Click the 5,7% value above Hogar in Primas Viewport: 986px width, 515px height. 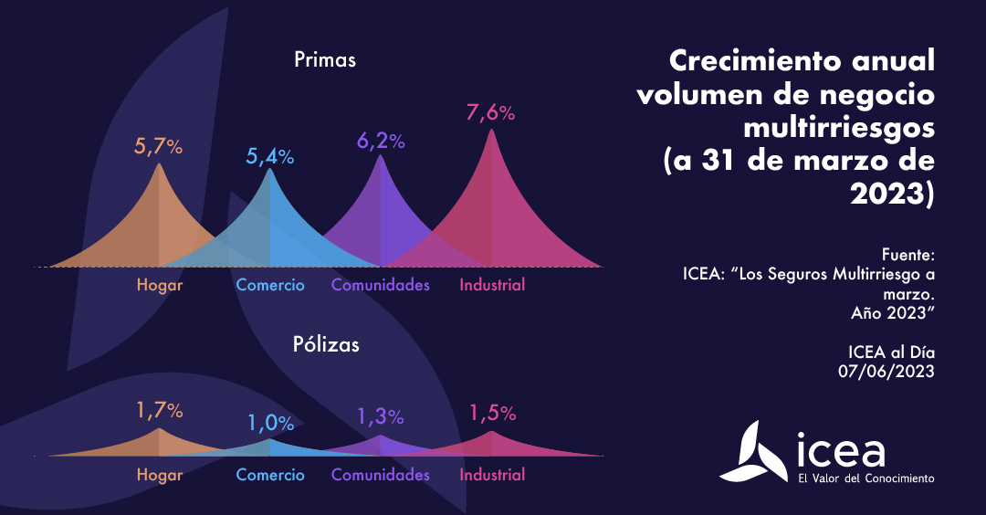(159, 146)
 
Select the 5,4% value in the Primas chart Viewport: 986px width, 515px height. (269, 156)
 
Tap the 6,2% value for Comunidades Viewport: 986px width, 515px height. (380, 141)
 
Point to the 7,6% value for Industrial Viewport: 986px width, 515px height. (491, 113)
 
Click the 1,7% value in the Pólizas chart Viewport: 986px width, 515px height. (159, 411)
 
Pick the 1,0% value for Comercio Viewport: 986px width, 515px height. (269, 423)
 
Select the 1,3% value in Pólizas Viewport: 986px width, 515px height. (380, 416)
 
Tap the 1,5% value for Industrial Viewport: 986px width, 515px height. (492, 413)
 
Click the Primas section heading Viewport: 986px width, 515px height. (325, 60)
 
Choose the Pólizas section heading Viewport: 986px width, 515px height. (326, 344)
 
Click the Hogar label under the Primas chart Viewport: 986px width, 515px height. (160, 285)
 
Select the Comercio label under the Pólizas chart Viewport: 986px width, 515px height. (270, 475)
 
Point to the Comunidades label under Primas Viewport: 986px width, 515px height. (380, 285)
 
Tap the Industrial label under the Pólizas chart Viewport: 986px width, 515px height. (492, 475)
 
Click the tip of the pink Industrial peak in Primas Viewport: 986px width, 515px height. (491, 131)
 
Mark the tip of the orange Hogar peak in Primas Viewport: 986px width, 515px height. (159, 164)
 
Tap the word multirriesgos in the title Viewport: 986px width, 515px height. (839, 127)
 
